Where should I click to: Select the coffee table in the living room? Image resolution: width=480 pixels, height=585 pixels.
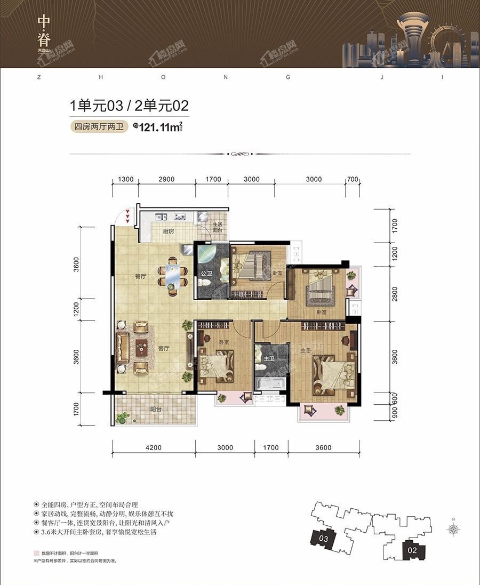coord(141,347)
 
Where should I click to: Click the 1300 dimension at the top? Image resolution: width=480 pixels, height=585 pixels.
coord(125,179)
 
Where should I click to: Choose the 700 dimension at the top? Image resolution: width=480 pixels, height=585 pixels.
coord(353,179)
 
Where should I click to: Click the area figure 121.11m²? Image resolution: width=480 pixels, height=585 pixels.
coord(158,127)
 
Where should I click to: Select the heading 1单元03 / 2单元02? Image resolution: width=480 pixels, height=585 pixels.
coord(130,106)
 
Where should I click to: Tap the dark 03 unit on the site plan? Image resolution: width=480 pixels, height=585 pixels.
coord(323,539)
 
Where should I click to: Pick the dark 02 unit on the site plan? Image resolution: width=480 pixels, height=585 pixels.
coord(411,548)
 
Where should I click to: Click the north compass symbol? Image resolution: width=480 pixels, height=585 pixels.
coord(454,529)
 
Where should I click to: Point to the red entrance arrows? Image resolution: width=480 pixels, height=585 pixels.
coord(127,215)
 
